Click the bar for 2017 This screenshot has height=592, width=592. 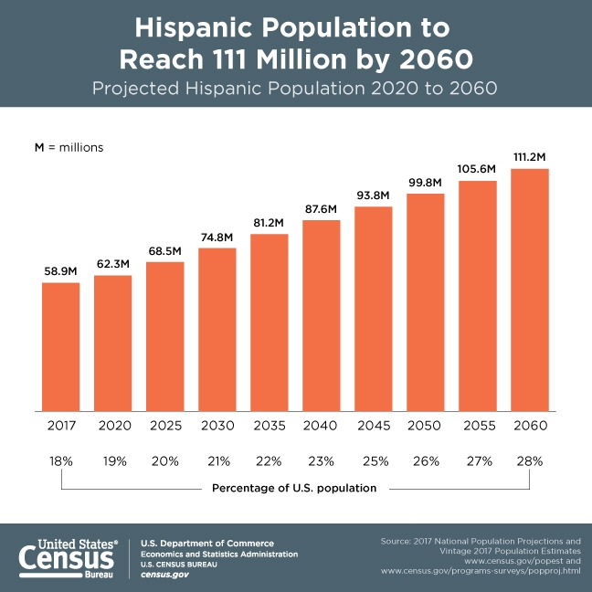pos(60,346)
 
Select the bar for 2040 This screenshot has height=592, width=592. pos(321,315)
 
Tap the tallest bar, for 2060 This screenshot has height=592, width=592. pos(529,290)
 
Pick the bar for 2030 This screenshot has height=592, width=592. pos(217,329)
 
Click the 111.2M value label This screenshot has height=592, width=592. pos(529,156)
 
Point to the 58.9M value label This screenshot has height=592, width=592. pos(60,270)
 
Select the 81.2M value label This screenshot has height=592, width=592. pos(269,222)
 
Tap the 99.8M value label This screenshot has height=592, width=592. pos(425,181)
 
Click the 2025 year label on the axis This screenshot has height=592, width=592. pos(164,425)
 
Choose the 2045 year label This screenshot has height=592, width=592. pos(373,425)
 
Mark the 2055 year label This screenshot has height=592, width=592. pos(477,425)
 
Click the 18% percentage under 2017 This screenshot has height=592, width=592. pos(60,460)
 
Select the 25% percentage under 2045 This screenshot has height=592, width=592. pos(373,460)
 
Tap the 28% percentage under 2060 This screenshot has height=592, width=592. pos(529,460)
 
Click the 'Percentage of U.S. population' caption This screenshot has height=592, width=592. pos(294,488)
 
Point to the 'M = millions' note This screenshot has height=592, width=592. pos(69,146)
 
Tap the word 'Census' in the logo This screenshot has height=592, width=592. pos(69,556)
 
